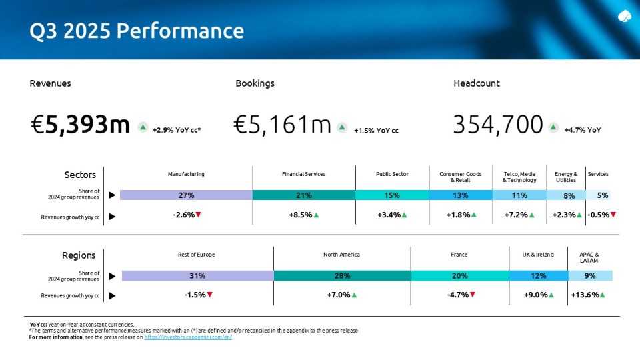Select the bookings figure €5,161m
point(283,125)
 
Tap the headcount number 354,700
point(498,125)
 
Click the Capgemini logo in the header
point(625,17)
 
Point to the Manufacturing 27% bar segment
point(186,195)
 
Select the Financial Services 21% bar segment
point(303,195)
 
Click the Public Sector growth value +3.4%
point(392,215)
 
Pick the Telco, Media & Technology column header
point(519,177)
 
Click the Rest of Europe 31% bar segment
point(197,275)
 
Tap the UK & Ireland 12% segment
point(538,275)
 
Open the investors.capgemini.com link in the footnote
point(188,337)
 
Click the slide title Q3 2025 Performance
point(137,31)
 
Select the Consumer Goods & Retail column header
point(460,177)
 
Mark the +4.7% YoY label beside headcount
point(582,131)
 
